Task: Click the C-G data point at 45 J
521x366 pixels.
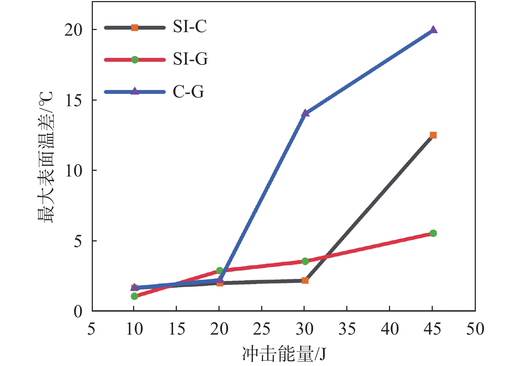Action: tap(433, 30)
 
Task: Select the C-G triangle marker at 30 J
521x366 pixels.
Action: tap(305, 113)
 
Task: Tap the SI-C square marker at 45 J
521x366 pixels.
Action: tap(433, 135)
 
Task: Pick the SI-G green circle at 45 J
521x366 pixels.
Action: tap(433, 233)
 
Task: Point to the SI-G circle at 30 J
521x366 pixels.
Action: tap(305, 261)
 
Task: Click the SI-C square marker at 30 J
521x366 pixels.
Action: tap(305, 281)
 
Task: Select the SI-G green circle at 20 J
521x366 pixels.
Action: tap(220, 271)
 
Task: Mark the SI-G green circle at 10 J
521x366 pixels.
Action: tap(134, 296)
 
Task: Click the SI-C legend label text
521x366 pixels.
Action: tap(190, 27)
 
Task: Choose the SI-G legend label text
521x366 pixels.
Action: tap(190, 59)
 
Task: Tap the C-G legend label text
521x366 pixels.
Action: tap(188, 92)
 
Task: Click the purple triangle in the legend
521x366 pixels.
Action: tap(134, 91)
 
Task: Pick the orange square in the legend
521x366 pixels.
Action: tap(134, 28)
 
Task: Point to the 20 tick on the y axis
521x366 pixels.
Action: tap(73, 30)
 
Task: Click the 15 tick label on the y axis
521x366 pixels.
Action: tap(73, 101)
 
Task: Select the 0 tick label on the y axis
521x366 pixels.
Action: tap(78, 312)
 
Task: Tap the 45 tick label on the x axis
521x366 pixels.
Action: tap(432, 329)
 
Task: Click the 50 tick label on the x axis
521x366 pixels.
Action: tap(475, 329)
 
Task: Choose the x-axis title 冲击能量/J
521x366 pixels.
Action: tap(284, 354)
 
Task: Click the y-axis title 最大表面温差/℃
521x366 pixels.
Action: tap(46, 157)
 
